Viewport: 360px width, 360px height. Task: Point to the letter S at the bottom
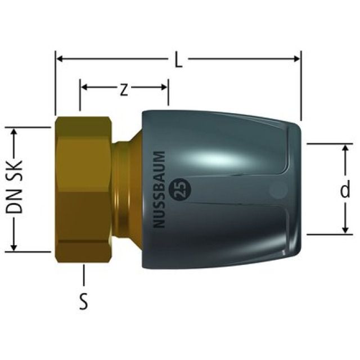click(83, 302)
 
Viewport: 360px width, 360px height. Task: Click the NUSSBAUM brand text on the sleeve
click(159, 190)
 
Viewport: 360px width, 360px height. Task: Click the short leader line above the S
click(83, 276)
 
